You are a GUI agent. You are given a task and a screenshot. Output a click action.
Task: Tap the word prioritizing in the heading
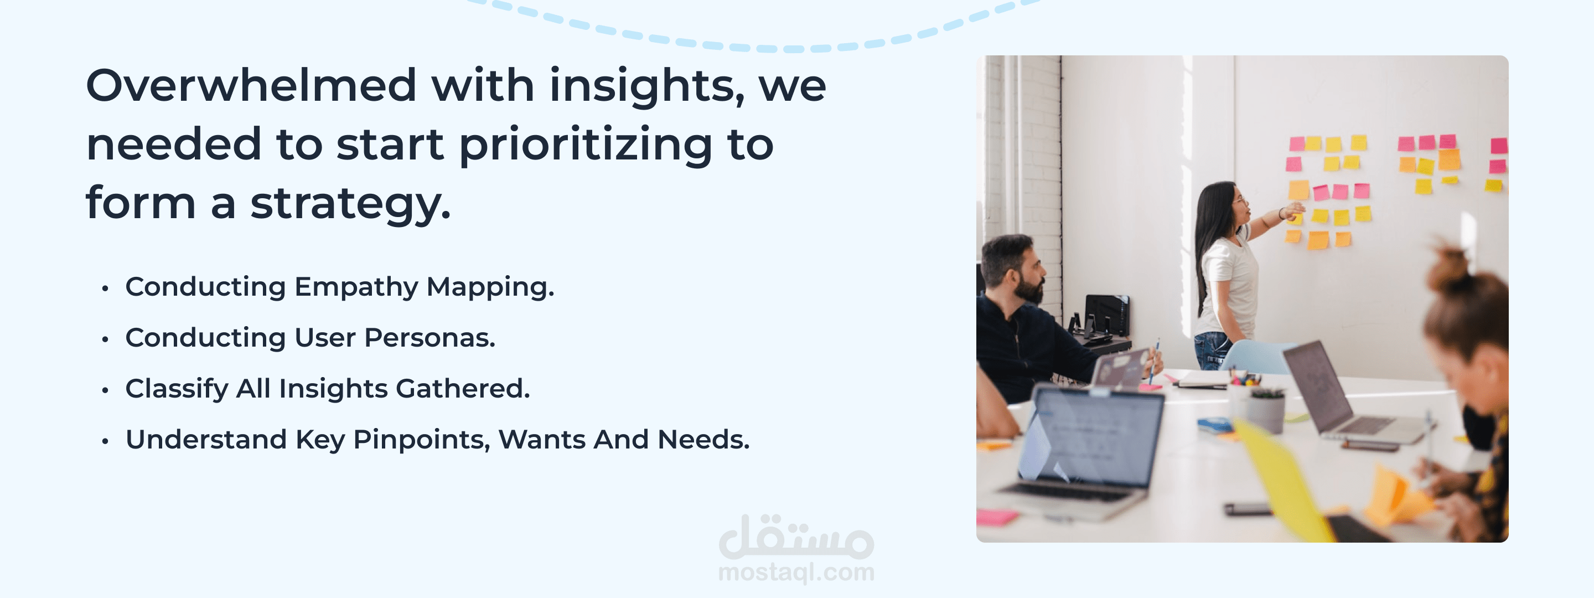click(586, 146)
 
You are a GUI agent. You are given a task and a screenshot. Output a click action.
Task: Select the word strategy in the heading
click(350, 205)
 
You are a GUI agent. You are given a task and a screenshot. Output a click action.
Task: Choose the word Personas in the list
click(429, 338)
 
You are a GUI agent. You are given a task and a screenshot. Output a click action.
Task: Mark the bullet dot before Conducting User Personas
click(105, 339)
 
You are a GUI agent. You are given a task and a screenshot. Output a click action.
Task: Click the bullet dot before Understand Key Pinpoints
click(105, 441)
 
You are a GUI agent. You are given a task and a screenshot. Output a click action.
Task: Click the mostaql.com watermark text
click(796, 573)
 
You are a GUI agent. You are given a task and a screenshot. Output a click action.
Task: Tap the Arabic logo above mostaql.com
click(796, 536)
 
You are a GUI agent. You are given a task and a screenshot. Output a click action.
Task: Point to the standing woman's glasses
click(1238, 200)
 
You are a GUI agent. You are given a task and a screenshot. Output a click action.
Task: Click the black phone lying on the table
click(1248, 509)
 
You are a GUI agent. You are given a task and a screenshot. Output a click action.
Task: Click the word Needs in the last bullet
click(703, 440)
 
